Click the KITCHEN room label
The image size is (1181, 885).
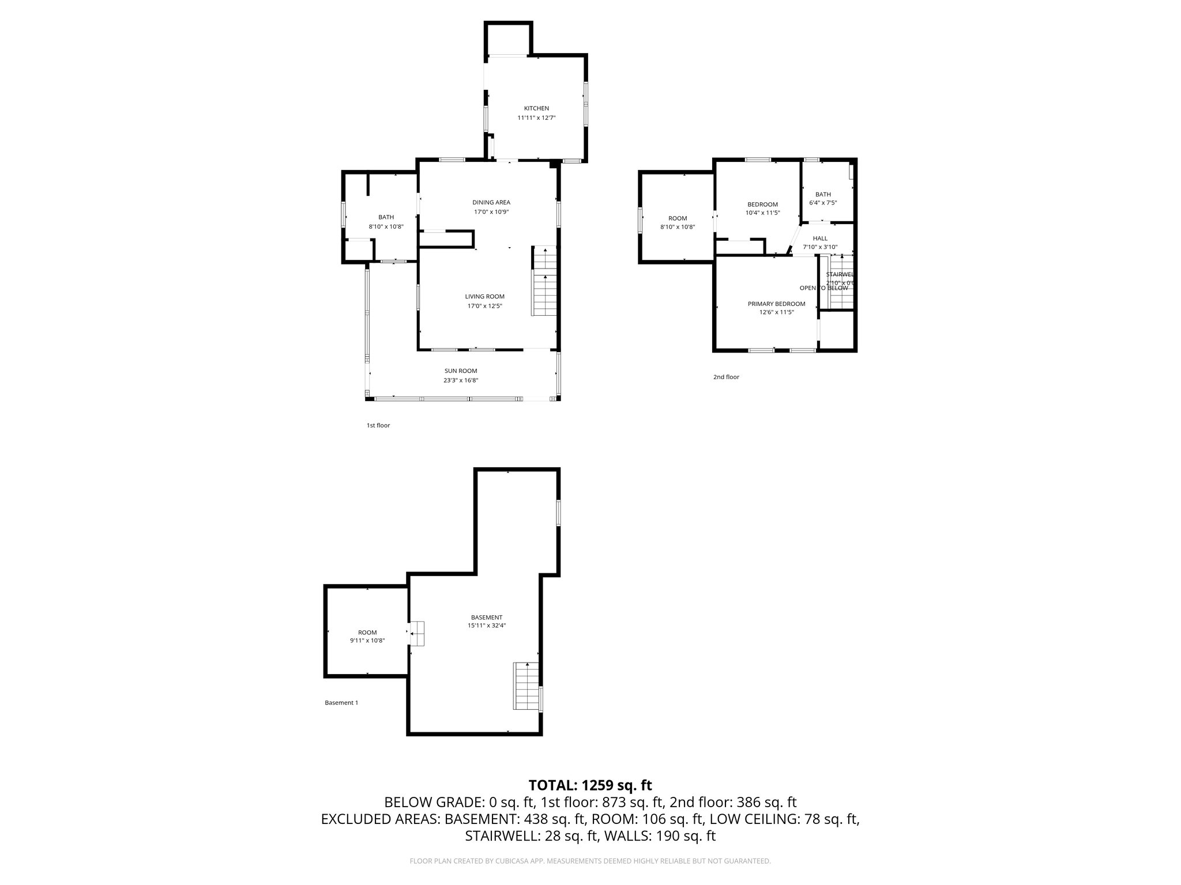click(536, 108)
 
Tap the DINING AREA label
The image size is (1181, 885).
click(491, 202)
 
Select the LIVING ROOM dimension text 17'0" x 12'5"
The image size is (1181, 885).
click(484, 306)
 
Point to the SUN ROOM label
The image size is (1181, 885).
click(461, 371)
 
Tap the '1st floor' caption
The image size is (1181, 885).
click(378, 425)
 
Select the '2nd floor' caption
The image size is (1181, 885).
click(726, 377)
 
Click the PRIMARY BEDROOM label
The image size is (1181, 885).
click(776, 304)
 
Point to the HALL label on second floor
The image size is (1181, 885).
click(820, 239)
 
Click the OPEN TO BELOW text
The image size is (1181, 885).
click(823, 288)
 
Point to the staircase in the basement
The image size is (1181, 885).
click(525, 686)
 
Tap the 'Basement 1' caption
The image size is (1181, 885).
click(341, 702)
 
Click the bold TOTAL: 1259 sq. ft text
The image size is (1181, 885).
click(590, 785)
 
